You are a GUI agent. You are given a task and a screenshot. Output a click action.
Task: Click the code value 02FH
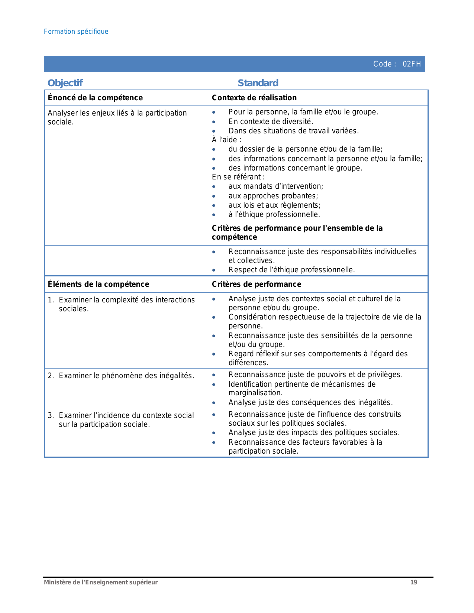412,64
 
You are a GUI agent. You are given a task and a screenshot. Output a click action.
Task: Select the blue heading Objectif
65,83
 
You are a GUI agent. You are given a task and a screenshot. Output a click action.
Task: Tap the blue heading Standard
258,83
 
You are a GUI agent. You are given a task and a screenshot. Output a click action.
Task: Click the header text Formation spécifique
76,32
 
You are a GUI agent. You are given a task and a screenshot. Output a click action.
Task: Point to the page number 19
413,582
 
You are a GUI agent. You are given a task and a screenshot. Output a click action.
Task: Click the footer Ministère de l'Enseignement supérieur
101,582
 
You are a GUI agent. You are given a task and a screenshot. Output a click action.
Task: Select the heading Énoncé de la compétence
95,98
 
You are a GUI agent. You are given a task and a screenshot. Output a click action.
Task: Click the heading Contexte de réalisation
254,98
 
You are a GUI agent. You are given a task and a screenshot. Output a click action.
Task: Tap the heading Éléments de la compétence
99,284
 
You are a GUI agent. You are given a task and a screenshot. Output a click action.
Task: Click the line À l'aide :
227,140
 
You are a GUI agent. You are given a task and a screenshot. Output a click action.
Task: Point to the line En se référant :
238,177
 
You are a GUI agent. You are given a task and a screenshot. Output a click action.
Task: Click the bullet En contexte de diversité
271,121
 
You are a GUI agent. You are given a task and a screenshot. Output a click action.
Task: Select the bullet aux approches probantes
273,196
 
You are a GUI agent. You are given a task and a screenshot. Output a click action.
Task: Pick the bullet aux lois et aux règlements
274,205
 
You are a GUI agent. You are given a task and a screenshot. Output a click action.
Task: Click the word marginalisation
255,393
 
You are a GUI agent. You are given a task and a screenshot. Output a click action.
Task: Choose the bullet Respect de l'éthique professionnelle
291,270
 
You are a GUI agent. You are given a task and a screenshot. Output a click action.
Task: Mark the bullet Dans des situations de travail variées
293,131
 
